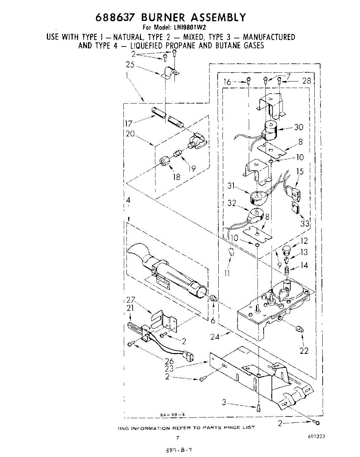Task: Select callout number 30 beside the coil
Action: coord(299,128)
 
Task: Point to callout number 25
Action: coord(131,65)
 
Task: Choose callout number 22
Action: coord(304,351)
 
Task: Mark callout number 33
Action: coord(305,223)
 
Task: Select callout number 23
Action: coord(170,369)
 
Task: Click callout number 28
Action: coord(306,80)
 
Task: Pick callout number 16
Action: coord(227,82)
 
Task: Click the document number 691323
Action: coord(317,437)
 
